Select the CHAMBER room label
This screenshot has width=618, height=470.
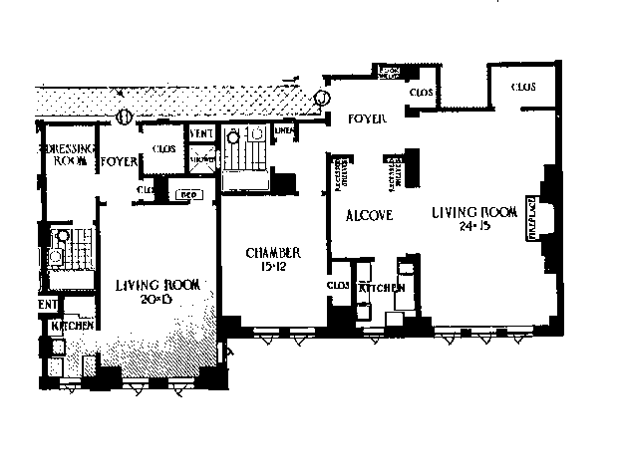[273, 254]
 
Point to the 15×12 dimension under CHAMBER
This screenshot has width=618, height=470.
[273, 267]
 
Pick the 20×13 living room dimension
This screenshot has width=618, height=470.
[157, 299]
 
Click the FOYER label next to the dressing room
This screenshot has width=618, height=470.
[119, 159]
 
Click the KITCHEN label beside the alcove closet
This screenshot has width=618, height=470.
[382, 287]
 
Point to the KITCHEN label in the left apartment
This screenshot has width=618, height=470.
[69, 326]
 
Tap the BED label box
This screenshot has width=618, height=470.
[186, 194]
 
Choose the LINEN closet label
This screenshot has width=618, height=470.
[284, 129]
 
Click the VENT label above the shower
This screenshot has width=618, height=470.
[201, 133]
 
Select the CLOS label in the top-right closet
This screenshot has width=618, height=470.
[522, 88]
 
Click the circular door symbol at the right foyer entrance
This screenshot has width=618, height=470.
[321, 99]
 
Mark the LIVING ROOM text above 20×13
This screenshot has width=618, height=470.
[157, 285]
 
